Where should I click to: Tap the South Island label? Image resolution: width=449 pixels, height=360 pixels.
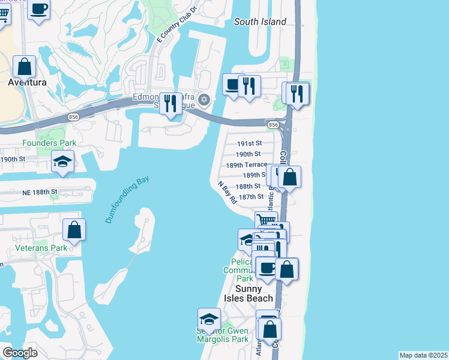(x=260, y=22)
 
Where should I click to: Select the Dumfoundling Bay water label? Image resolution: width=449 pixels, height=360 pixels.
(x=127, y=200)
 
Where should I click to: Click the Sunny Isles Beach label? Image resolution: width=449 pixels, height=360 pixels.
(x=249, y=293)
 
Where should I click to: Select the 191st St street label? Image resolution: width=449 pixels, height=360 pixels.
(x=250, y=143)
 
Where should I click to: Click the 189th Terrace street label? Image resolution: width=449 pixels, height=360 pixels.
(x=246, y=164)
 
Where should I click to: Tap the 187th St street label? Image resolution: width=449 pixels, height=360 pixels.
(x=251, y=196)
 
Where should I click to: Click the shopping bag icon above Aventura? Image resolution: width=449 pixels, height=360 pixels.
(x=24, y=67)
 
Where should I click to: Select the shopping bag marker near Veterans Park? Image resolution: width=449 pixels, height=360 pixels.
(x=74, y=230)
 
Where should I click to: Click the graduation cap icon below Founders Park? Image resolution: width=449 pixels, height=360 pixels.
(x=62, y=163)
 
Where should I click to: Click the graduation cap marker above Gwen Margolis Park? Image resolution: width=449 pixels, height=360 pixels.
(x=209, y=319)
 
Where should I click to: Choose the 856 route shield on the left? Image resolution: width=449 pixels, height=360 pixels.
(x=74, y=116)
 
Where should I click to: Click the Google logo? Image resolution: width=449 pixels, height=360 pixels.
(x=20, y=353)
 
